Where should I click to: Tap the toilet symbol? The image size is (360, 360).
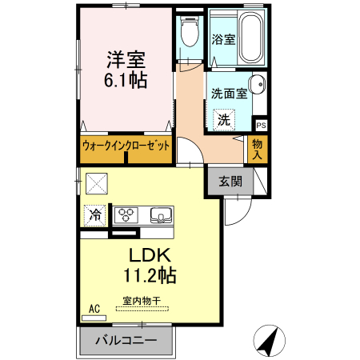[190, 34]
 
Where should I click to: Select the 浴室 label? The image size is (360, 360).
[223, 39]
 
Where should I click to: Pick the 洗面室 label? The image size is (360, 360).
[227, 94]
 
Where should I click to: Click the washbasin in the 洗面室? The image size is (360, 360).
[257, 86]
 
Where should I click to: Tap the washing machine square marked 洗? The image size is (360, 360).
[225, 120]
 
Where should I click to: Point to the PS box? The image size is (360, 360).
[261, 126]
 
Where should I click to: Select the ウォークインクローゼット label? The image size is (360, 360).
[126, 149]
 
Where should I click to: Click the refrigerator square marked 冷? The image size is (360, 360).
[95, 214]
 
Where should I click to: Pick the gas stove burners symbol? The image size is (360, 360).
[126, 214]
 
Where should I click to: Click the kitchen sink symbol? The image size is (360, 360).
[160, 214]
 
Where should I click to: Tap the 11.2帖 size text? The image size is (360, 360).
[150, 277]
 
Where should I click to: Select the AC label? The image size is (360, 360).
[94, 308]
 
